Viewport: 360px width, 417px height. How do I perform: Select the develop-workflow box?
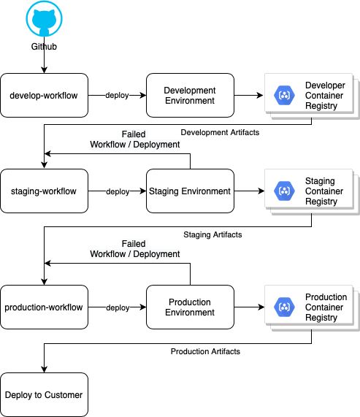(44, 96)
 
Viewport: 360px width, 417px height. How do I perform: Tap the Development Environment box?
(190, 96)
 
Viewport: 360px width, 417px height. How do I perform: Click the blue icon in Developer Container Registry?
(283, 95)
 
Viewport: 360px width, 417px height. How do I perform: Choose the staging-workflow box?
(44, 191)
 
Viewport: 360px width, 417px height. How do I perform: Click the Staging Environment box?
(190, 191)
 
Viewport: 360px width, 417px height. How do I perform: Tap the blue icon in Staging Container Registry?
(283, 191)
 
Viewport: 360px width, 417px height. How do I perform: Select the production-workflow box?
(44, 307)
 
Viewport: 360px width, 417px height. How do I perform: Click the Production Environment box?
(190, 307)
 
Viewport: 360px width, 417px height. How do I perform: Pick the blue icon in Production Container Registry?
(283, 307)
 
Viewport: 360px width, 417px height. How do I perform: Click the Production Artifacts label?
(205, 351)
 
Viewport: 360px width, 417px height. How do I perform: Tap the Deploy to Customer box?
(44, 395)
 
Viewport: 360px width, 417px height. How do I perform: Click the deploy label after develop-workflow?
(117, 96)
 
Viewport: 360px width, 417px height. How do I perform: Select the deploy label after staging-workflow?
(117, 191)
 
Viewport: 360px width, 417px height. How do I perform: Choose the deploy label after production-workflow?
(117, 307)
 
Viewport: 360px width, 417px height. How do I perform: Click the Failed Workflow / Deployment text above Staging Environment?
(134, 139)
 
